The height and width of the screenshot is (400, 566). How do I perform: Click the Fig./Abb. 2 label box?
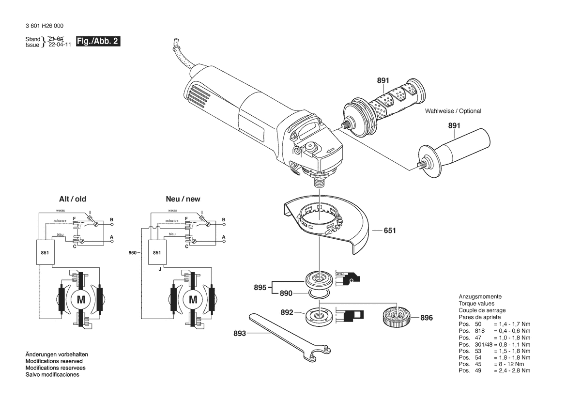(x=98, y=41)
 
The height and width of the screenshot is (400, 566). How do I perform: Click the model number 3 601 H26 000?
(x=45, y=26)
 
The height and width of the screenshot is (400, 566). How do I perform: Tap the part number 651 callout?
(x=390, y=231)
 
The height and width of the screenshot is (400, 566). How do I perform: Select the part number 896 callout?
(x=426, y=318)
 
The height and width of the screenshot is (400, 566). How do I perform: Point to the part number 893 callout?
(x=240, y=334)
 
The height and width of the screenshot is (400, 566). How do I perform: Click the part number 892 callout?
(x=287, y=312)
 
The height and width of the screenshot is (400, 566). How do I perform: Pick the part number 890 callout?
(x=286, y=293)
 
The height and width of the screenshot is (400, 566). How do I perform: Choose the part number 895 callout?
(x=260, y=288)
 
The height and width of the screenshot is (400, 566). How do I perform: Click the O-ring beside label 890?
(x=319, y=294)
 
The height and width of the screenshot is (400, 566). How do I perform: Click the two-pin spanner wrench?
(x=290, y=334)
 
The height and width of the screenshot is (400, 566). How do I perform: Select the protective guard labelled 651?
(x=326, y=225)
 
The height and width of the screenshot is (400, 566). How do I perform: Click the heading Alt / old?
(x=73, y=199)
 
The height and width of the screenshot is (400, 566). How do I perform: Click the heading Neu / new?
(x=183, y=199)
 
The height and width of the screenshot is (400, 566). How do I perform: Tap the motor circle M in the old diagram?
(x=81, y=300)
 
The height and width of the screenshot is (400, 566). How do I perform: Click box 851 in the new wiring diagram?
(x=157, y=252)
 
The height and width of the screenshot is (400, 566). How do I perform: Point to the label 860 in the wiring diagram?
(x=133, y=253)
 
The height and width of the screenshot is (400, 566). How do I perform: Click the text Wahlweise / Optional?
(x=453, y=111)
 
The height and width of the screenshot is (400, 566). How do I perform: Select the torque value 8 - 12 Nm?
(x=509, y=364)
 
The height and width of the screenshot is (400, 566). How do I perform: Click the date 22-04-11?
(x=60, y=45)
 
